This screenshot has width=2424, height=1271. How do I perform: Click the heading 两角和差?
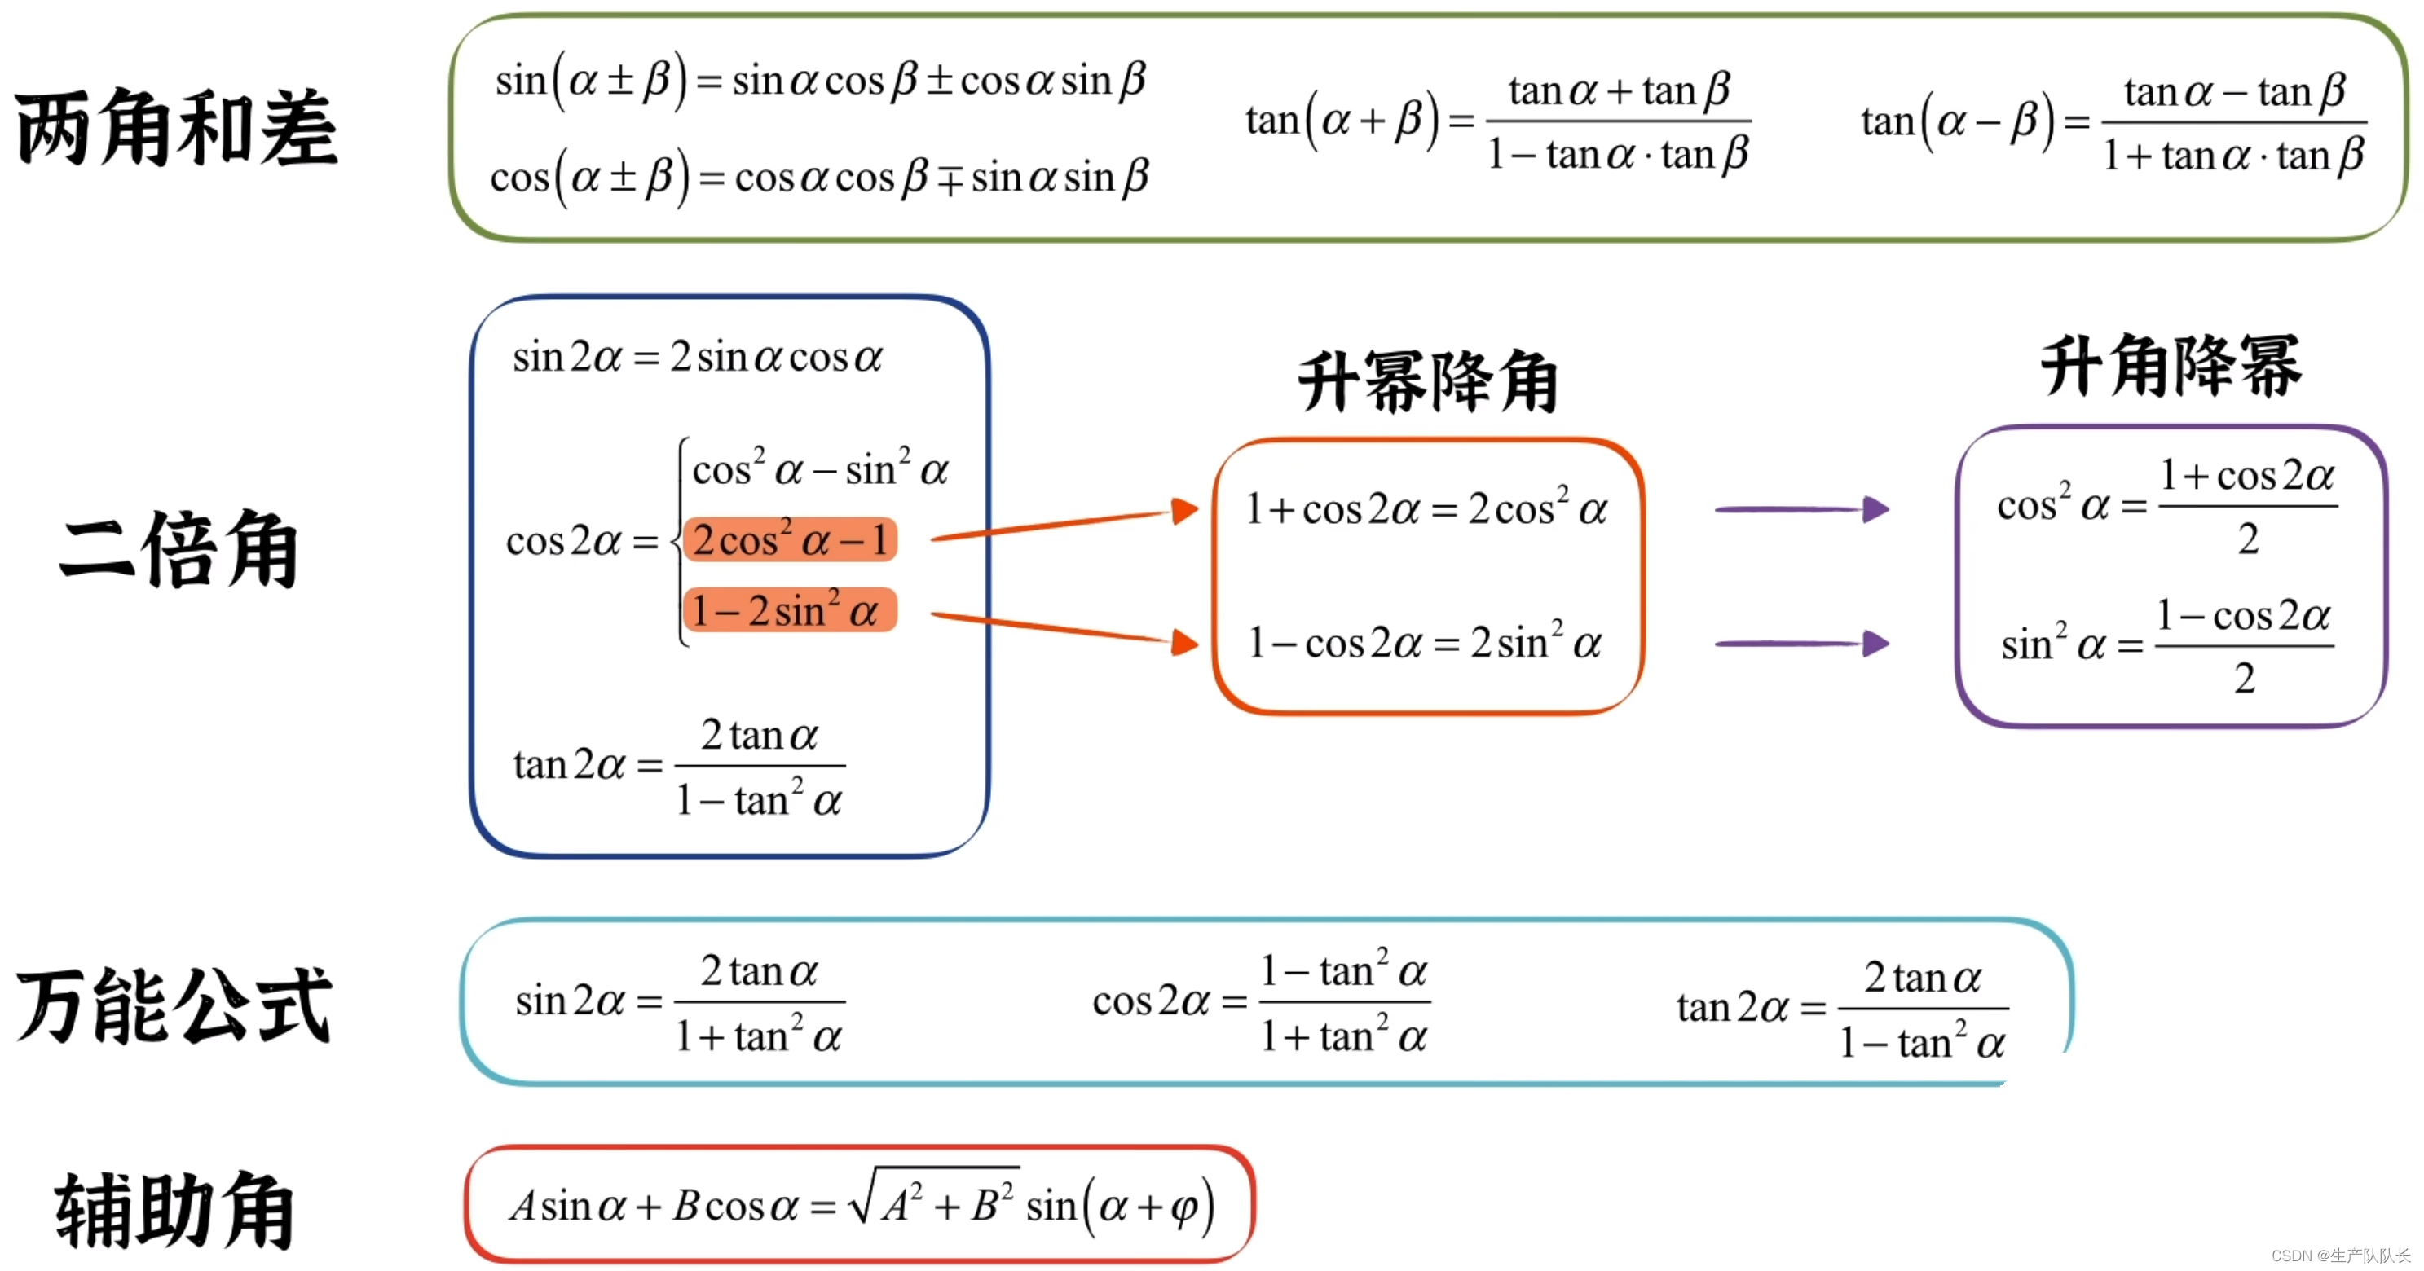click(x=176, y=127)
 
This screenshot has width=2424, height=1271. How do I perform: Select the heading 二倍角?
click(x=178, y=549)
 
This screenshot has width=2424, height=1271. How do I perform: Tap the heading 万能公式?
click(x=174, y=1005)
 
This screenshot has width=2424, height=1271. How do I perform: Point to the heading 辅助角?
click(x=174, y=1210)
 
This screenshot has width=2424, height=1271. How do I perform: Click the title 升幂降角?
click(x=1427, y=382)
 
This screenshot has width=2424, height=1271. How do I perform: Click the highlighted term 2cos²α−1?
click(x=790, y=540)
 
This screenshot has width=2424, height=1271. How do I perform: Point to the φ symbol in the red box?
click(x=1183, y=1207)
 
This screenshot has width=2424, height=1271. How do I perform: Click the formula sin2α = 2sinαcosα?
click(x=696, y=358)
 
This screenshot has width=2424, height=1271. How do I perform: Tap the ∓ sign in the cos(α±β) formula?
click(x=950, y=178)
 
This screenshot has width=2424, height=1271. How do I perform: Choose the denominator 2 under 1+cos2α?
click(x=2248, y=540)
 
